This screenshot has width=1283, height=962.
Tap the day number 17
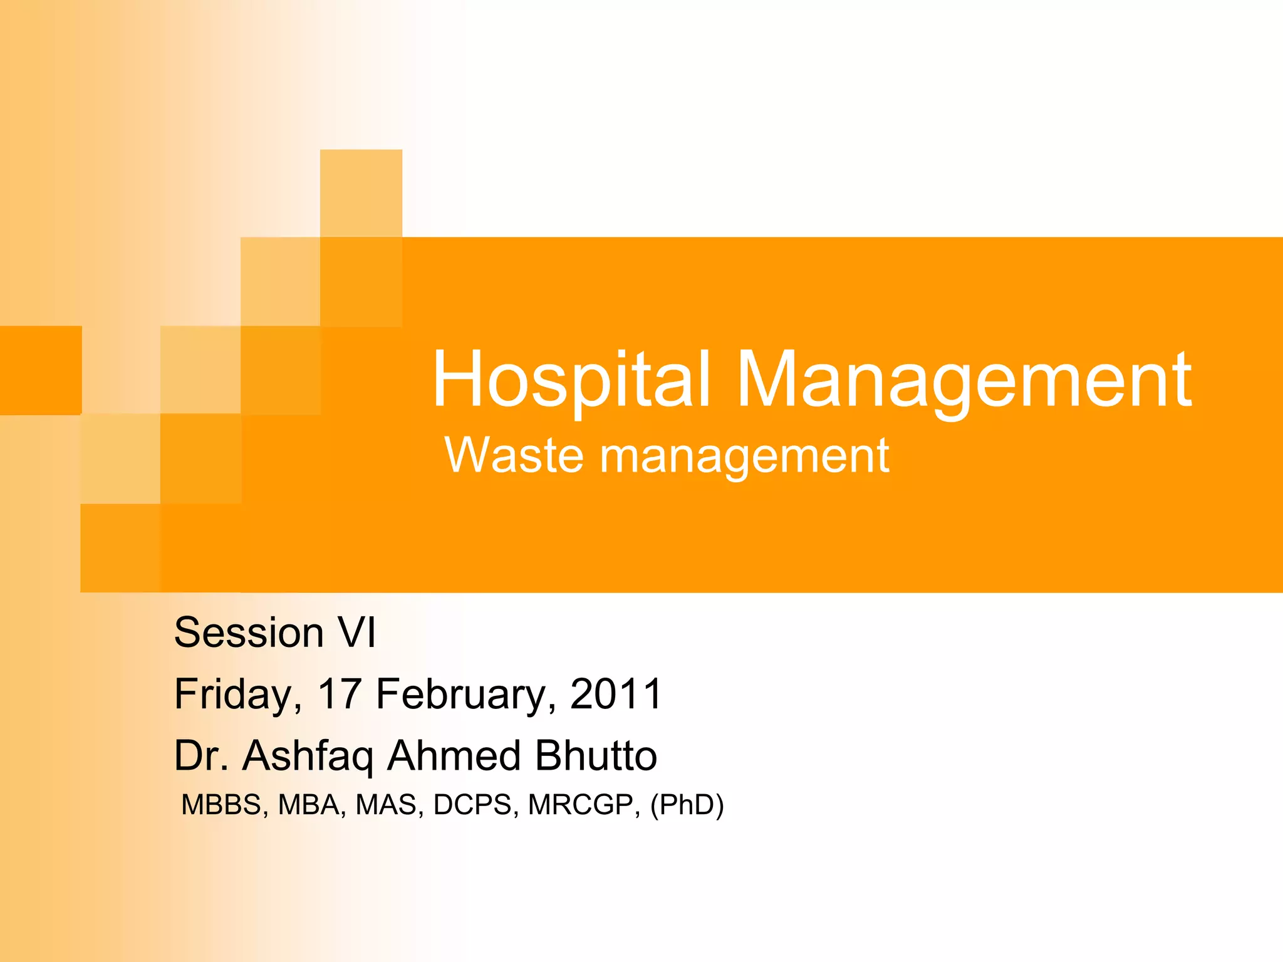(340, 694)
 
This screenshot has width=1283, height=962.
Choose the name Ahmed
(454, 755)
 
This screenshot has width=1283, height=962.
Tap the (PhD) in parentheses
(687, 805)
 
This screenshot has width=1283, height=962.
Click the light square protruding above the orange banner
(361, 193)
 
